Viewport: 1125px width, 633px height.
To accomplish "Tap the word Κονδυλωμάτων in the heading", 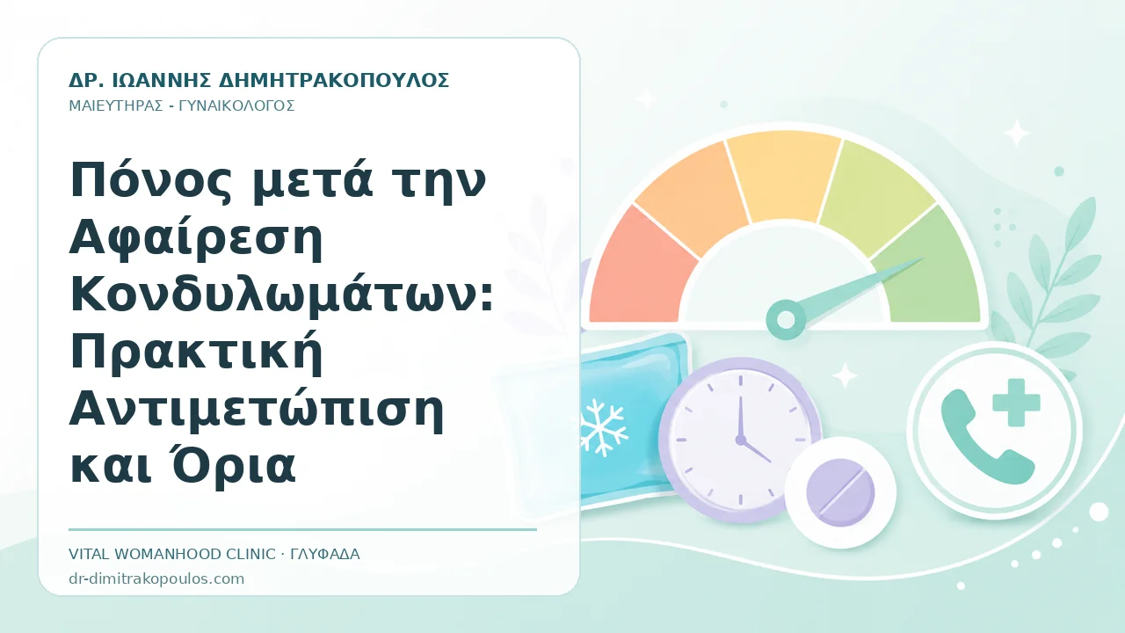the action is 282,295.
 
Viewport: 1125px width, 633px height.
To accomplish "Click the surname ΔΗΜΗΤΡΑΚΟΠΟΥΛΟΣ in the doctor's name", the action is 335,80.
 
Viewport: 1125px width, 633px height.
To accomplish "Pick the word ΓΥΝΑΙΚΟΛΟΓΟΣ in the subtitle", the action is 236,106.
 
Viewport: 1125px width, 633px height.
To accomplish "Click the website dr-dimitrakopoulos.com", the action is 156,578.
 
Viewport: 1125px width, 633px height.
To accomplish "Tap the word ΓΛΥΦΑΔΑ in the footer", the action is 325,554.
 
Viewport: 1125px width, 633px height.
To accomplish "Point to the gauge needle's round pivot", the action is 786,319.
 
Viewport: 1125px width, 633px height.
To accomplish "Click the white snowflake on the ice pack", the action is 603,427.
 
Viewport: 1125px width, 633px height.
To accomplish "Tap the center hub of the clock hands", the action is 740,440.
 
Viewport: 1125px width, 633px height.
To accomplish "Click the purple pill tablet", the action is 840,492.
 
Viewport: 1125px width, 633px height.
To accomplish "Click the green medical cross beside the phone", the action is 1017,403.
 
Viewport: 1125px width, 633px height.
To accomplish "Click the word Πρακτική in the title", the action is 196,352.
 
